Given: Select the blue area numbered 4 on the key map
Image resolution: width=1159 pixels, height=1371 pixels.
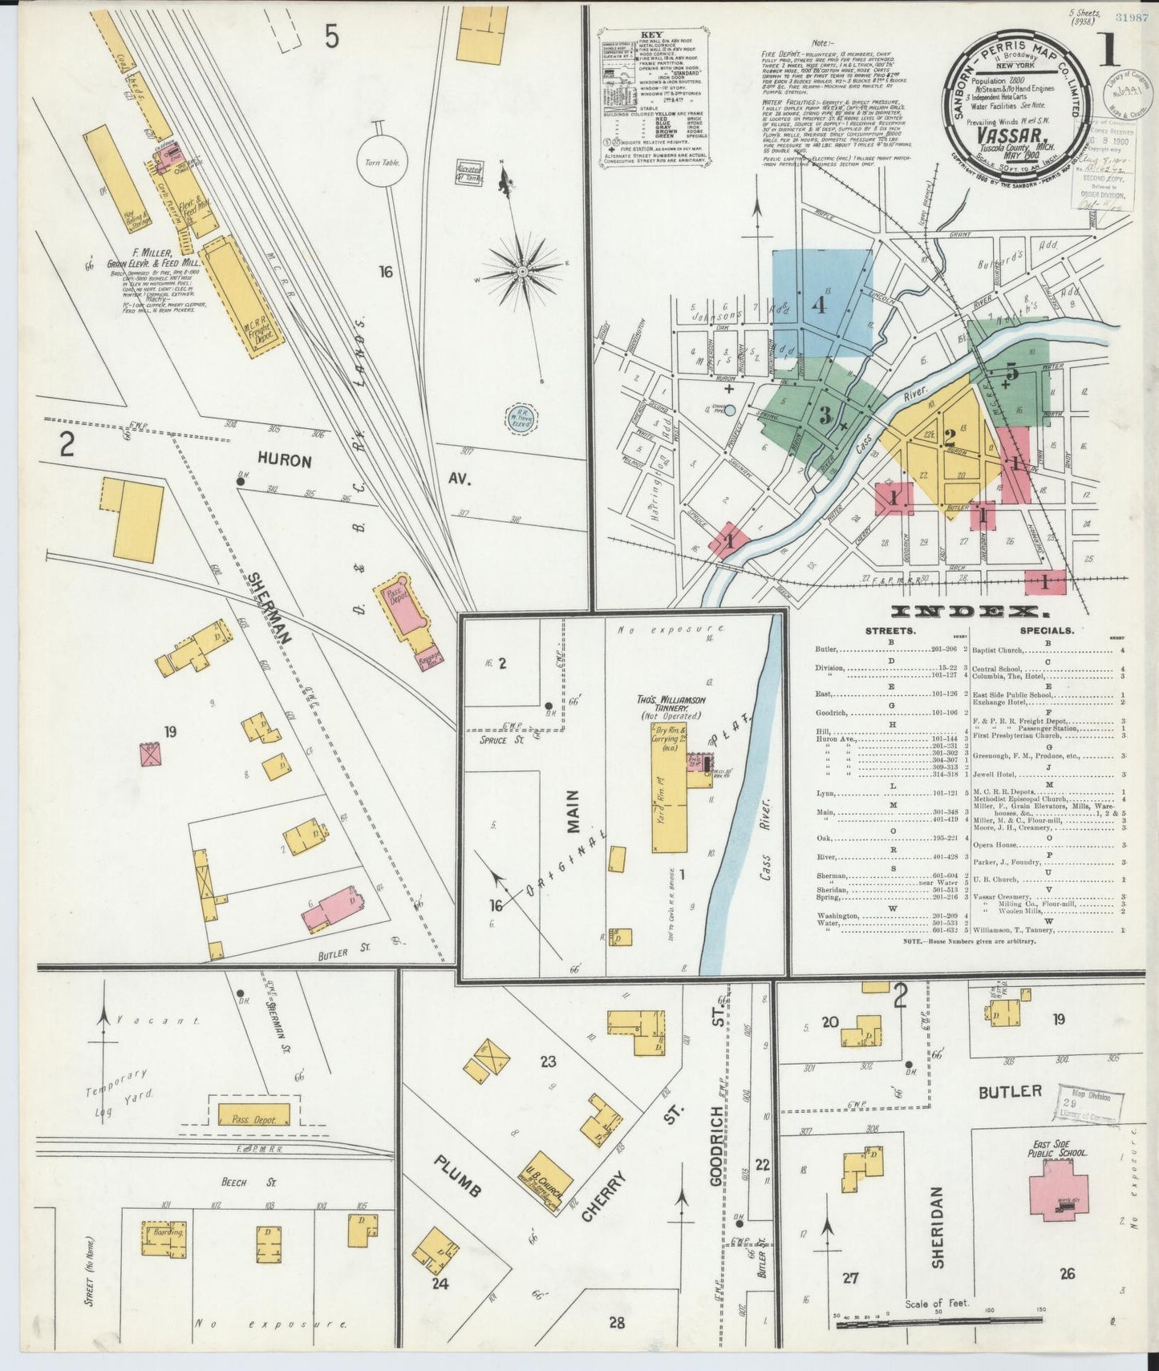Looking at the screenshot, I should [823, 303].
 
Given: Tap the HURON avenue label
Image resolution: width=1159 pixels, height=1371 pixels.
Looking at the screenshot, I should [284, 462].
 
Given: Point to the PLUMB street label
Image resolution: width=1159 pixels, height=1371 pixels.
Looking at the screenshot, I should [456, 1176].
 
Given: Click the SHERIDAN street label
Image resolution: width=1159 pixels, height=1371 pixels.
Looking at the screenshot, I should [938, 1239].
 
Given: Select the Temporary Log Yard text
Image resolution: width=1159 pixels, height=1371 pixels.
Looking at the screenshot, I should [116, 1083].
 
